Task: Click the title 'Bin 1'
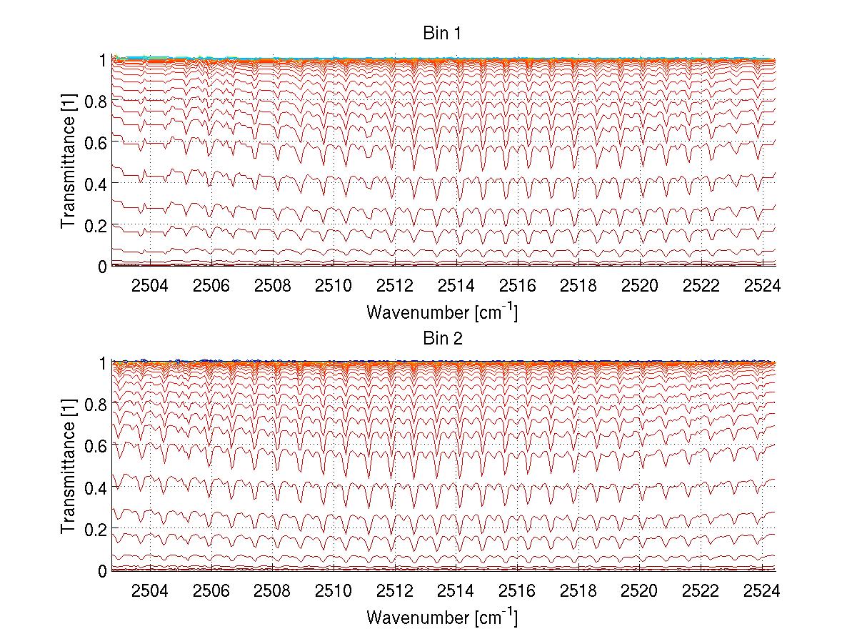tap(443, 34)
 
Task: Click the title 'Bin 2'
tap(443, 338)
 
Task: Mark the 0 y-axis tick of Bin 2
tap(101, 570)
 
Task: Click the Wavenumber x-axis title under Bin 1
tap(442, 312)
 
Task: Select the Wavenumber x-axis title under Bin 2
tap(442, 617)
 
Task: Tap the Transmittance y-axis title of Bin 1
tap(68, 163)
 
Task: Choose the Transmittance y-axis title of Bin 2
tap(68, 467)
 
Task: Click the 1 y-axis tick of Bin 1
tap(103, 60)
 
